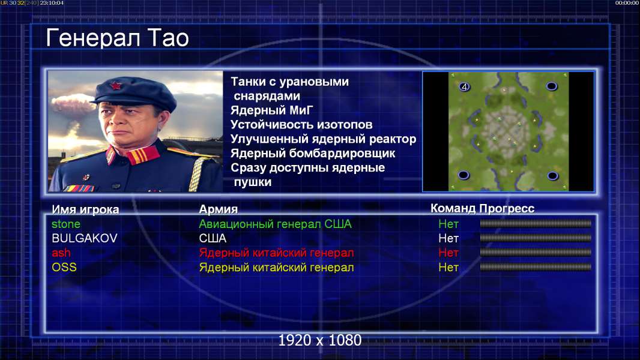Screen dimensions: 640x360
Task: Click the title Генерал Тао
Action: [x=118, y=38]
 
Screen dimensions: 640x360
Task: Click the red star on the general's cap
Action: [x=116, y=85]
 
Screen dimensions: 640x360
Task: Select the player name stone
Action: [x=66, y=224]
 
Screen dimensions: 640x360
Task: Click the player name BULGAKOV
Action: [x=85, y=238]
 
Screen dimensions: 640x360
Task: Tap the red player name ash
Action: [x=61, y=253]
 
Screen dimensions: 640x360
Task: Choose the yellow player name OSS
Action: [x=64, y=268]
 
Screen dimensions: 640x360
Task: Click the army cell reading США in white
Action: [x=213, y=238]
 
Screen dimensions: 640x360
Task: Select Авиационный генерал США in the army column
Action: [x=275, y=224]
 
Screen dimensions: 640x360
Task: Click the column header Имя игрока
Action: [x=85, y=209]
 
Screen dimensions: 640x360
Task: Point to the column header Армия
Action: [x=219, y=209]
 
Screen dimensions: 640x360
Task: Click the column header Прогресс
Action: [x=507, y=208]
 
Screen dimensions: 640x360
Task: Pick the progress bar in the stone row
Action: [x=536, y=223]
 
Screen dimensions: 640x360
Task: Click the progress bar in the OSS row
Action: [x=536, y=267]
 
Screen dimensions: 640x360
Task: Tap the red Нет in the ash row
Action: [x=448, y=253]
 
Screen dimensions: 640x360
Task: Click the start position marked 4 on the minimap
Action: [x=465, y=86]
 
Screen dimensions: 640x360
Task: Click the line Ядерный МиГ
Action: [x=272, y=110]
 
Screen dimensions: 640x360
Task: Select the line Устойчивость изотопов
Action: [x=301, y=124]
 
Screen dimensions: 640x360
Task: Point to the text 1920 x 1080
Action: [x=320, y=340]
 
